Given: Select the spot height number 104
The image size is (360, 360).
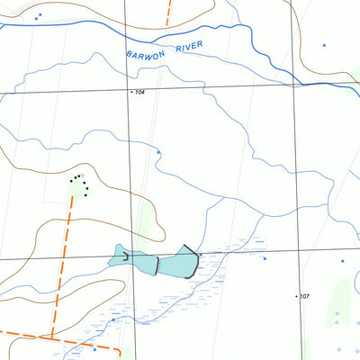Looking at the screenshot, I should click(139, 93).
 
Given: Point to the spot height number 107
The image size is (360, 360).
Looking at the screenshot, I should click(305, 296).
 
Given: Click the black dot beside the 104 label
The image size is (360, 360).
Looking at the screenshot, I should click(131, 92).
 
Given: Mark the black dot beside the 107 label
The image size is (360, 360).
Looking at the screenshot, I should click(297, 295).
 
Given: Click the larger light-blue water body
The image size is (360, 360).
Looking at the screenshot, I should click(178, 263).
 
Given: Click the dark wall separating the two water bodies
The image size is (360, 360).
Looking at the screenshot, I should click(157, 265).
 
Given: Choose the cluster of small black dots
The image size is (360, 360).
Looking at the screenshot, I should click(81, 184).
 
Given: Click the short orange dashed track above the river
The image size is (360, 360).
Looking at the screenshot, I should click(167, 12).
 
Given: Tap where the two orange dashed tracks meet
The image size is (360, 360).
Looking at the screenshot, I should click(52, 337).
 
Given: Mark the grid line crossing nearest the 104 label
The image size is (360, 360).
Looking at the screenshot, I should click(127, 90).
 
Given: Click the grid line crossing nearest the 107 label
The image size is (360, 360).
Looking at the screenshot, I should click(295, 250).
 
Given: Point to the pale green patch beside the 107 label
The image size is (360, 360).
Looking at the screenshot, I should click(340, 292).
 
